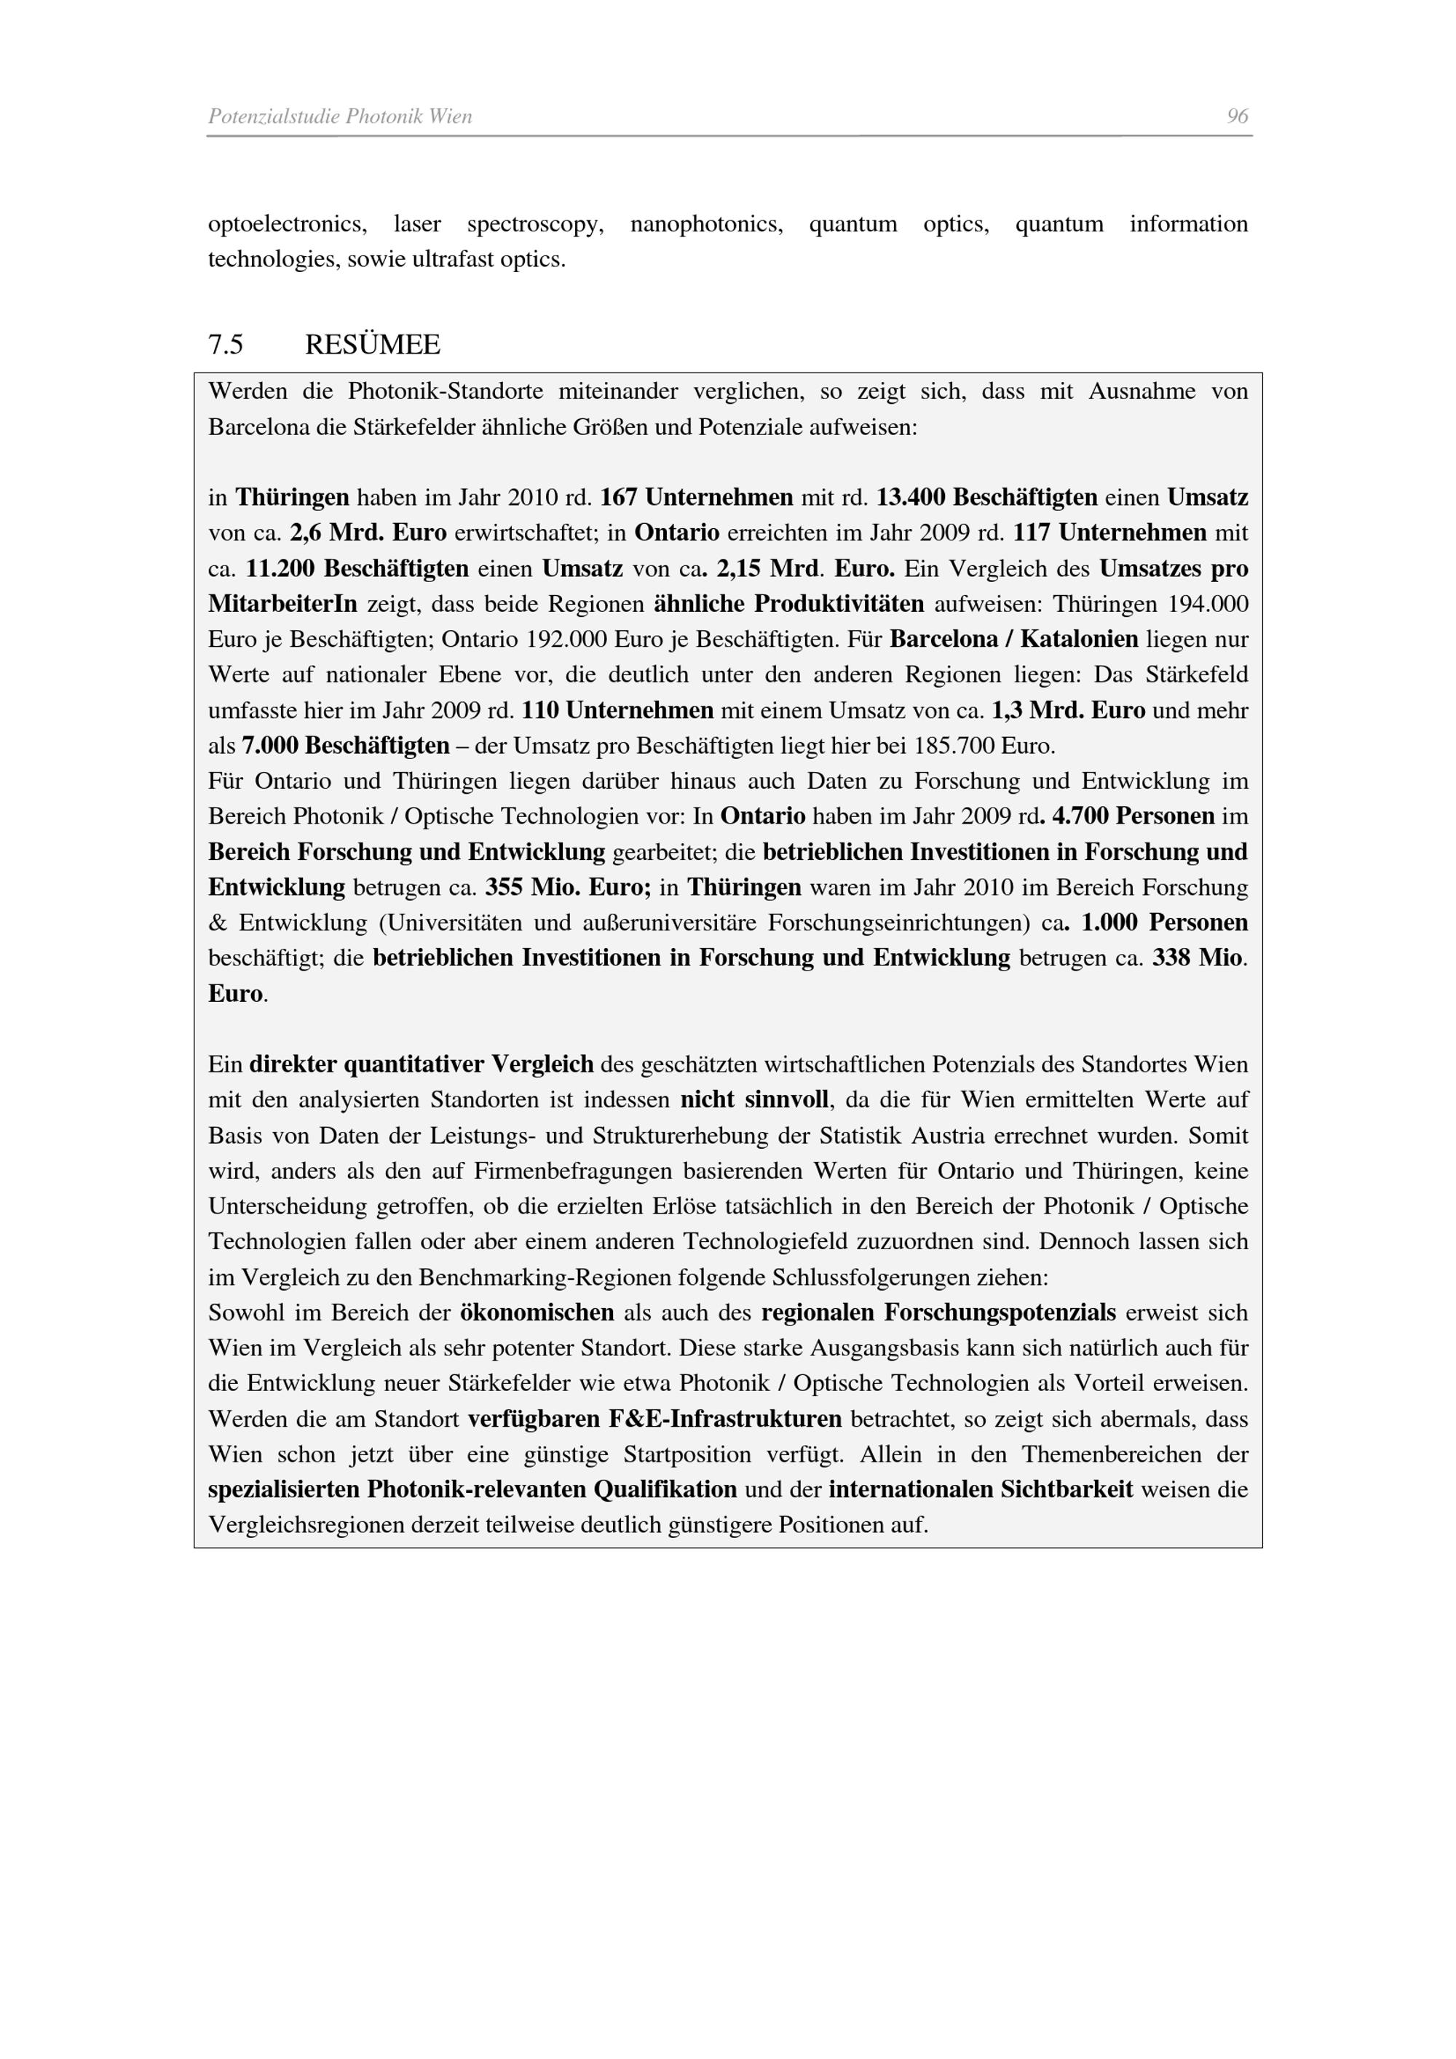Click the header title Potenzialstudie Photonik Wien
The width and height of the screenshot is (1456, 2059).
(340, 116)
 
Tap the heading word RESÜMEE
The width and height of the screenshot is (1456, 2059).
(372, 344)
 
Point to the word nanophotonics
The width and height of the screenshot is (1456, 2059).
(706, 224)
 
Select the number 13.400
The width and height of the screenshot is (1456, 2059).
(911, 497)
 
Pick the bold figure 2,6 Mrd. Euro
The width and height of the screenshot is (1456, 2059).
(368, 533)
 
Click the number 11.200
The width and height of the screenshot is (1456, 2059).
(281, 568)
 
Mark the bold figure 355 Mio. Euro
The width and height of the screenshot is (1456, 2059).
(568, 888)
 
